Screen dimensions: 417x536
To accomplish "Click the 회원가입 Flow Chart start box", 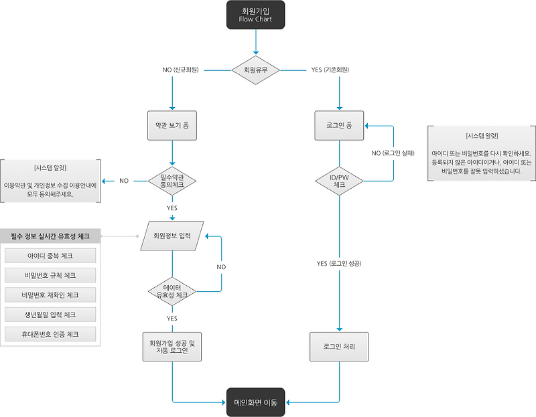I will (x=255, y=15).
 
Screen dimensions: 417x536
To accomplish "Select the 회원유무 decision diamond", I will (x=255, y=70).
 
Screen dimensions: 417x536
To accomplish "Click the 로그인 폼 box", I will (x=339, y=124).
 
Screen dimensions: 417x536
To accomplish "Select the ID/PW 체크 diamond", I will (x=339, y=180).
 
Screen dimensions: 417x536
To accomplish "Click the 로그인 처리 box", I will (x=339, y=347).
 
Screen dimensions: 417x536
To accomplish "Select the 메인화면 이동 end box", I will (x=255, y=402).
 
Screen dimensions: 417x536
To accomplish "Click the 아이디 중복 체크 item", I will (x=51, y=256).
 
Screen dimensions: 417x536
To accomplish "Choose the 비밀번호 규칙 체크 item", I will (x=51, y=275).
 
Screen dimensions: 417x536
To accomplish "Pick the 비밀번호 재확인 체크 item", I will (x=51, y=295).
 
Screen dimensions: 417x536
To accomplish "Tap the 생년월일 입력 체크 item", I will (x=51, y=315).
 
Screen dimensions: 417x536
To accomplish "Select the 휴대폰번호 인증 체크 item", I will (x=51, y=334).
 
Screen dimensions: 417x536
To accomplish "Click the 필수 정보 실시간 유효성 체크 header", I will (x=51, y=236).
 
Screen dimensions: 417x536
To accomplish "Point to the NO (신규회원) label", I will (x=182, y=70).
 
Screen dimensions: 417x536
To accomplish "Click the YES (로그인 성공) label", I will (x=339, y=264).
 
